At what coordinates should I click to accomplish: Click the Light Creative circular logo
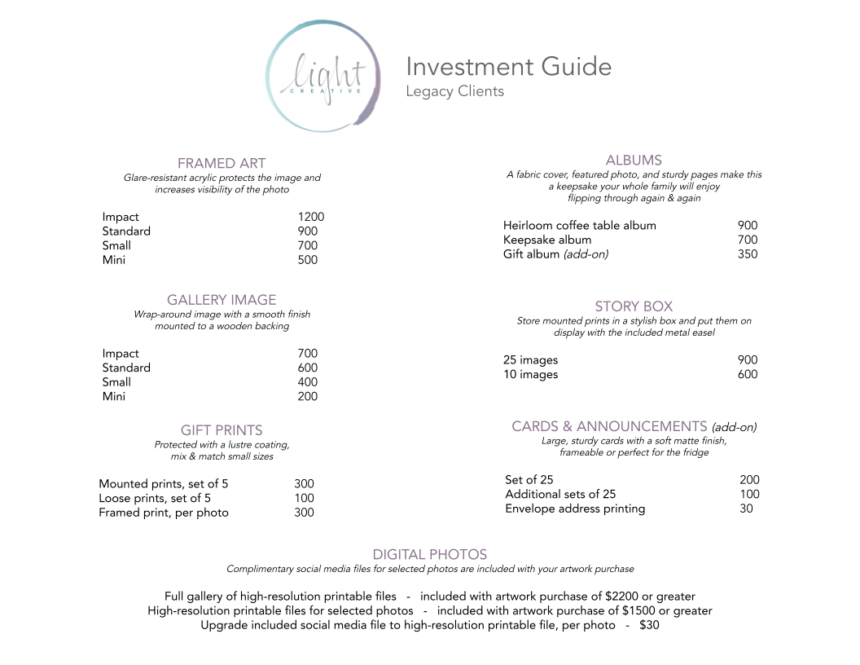(323, 77)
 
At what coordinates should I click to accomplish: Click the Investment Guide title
(508, 67)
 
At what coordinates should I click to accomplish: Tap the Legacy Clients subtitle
(454, 91)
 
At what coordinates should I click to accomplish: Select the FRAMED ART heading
(222, 163)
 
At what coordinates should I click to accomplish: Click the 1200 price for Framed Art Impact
(310, 217)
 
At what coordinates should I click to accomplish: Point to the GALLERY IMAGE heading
(222, 300)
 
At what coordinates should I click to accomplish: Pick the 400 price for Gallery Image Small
(308, 382)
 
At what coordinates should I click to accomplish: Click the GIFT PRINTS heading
(222, 430)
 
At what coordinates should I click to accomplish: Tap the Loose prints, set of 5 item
(155, 498)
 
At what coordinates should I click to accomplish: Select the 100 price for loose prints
(304, 498)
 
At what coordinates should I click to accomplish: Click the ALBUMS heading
(634, 161)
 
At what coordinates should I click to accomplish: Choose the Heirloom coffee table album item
(579, 226)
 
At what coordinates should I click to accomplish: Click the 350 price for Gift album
(747, 254)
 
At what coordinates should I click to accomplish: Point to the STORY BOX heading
(634, 306)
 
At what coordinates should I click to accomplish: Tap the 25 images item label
(530, 360)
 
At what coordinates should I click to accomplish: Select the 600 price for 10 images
(747, 375)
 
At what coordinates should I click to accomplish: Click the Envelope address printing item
(575, 509)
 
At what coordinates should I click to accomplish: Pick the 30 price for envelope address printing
(746, 509)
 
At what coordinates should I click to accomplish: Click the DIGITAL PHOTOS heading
(430, 555)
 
